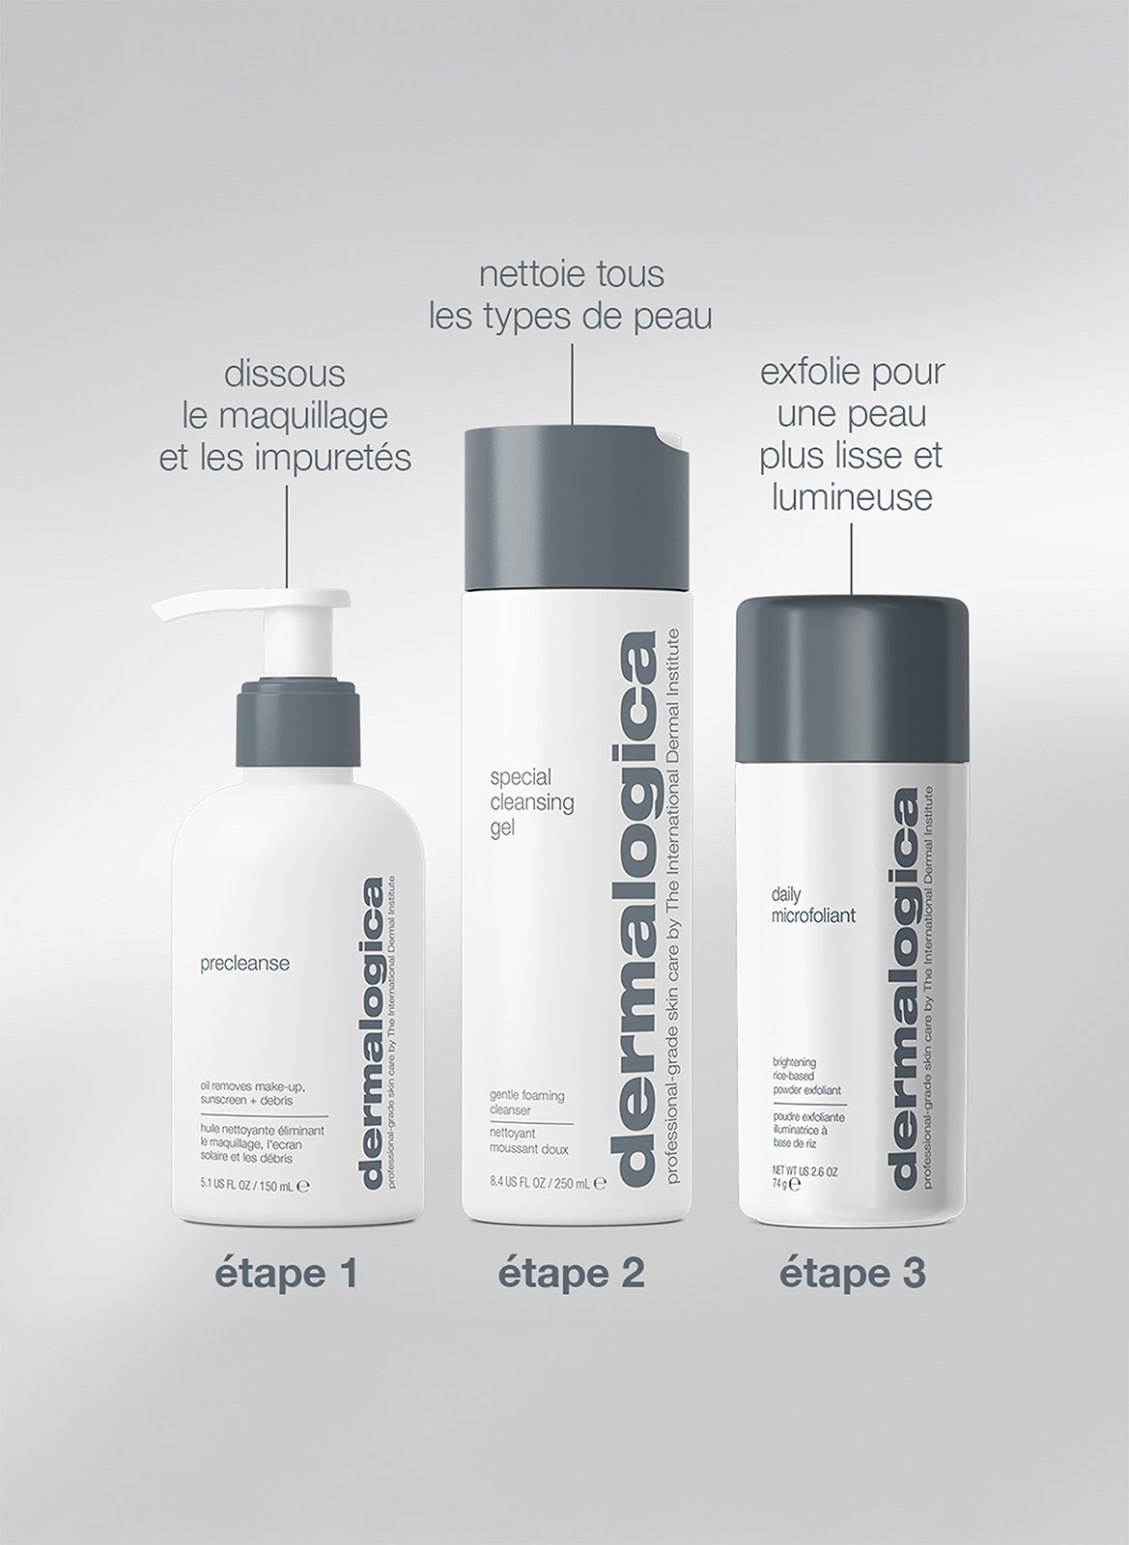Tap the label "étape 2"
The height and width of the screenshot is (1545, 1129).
pos(571,1274)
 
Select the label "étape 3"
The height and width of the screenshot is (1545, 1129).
pos(853,1274)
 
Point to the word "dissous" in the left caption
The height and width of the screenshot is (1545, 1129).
pos(285,374)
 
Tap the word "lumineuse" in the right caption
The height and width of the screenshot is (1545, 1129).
pos(851,498)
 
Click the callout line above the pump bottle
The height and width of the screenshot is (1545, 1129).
pos(287,536)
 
